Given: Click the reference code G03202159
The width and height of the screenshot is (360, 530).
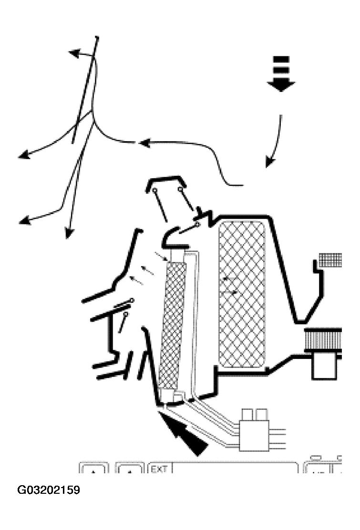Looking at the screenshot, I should (x=49, y=490).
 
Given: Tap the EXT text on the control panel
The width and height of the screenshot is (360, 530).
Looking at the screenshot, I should (x=159, y=469).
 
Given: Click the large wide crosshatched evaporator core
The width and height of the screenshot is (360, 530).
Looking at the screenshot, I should (x=242, y=294).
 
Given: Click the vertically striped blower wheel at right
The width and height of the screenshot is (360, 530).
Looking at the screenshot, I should (x=323, y=339).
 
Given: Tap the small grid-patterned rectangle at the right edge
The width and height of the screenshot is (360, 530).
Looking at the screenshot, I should (x=330, y=260).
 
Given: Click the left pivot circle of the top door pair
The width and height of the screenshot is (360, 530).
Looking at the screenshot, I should (x=155, y=191).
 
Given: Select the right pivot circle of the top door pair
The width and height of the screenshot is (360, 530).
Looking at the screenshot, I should (x=180, y=189).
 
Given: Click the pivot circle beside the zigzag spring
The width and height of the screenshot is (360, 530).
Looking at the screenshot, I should (x=197, y=224).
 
